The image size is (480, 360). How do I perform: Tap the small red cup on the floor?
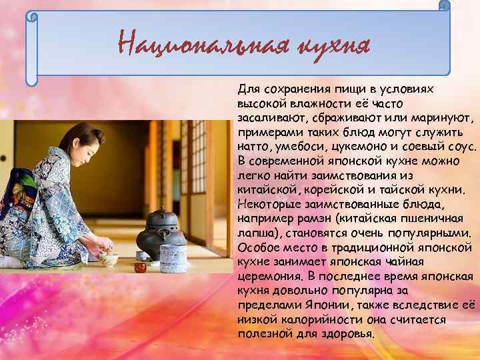(x=140, y=267)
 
